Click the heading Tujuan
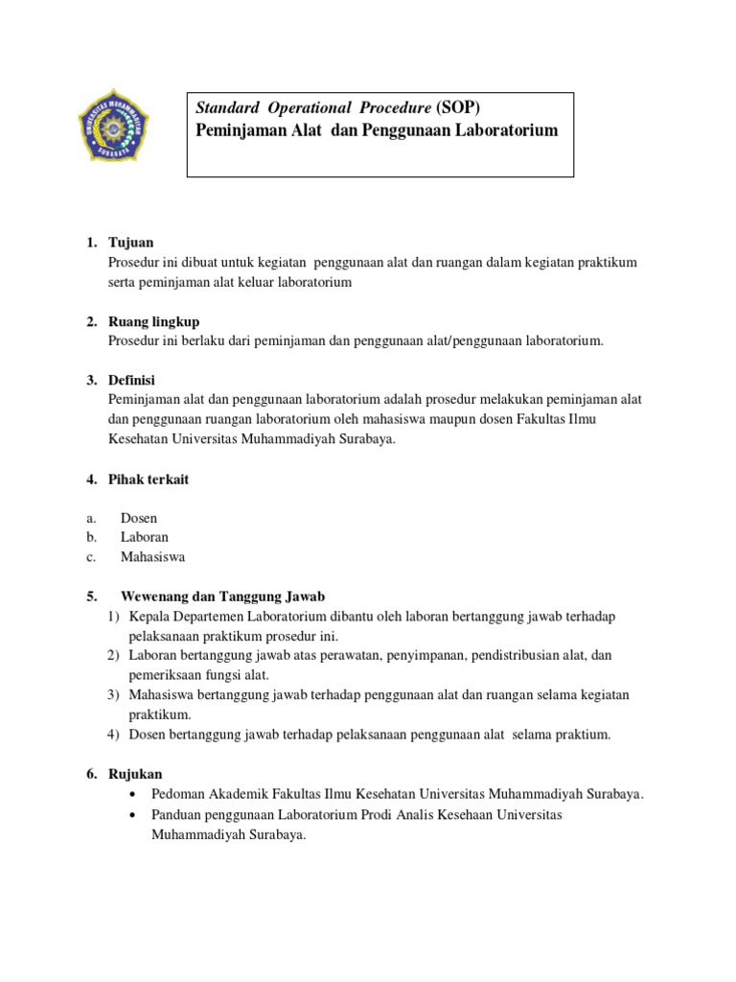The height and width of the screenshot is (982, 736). [131, 243]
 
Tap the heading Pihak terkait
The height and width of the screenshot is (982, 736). [149, 479]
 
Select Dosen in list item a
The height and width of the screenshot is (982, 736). [139, 518]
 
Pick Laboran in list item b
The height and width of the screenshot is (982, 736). [144, 537]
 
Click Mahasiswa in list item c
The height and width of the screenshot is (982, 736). [152, 556]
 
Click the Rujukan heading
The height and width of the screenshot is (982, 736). [135, 774]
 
